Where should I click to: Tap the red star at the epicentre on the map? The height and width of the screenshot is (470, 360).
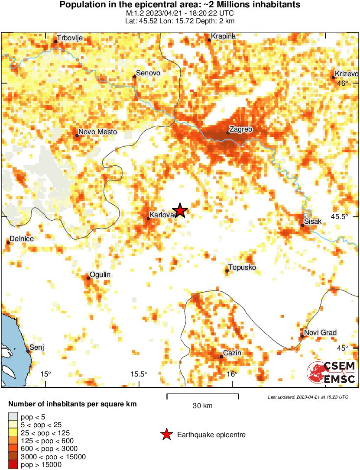click(x=180, y=210)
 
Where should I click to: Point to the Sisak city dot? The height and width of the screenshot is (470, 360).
click(x=302, y=225)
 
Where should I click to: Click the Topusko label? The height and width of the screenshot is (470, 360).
click(x=242, y=268)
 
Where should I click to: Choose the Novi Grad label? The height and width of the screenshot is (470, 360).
click(x=320, y=332)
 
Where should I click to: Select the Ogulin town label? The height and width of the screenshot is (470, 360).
click(x=100, y=275)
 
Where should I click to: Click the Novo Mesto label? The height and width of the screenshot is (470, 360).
click(x=97, y=132)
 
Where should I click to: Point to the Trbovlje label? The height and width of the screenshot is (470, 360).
click(x=70, y=38)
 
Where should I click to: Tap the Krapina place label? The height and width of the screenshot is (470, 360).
click(x=223, y=36)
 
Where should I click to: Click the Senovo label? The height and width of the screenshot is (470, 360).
click(x=148, y=73)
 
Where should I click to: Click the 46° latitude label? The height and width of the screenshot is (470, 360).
click(x=343, y=84)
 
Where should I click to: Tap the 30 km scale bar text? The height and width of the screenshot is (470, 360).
click(x=202, y=406)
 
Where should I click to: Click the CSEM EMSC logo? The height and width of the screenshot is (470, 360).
click(x=331, y=373)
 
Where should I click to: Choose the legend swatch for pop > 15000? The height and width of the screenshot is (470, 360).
click(x=13, y=465)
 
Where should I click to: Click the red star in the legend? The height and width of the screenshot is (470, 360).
click(x=166, y=435)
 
